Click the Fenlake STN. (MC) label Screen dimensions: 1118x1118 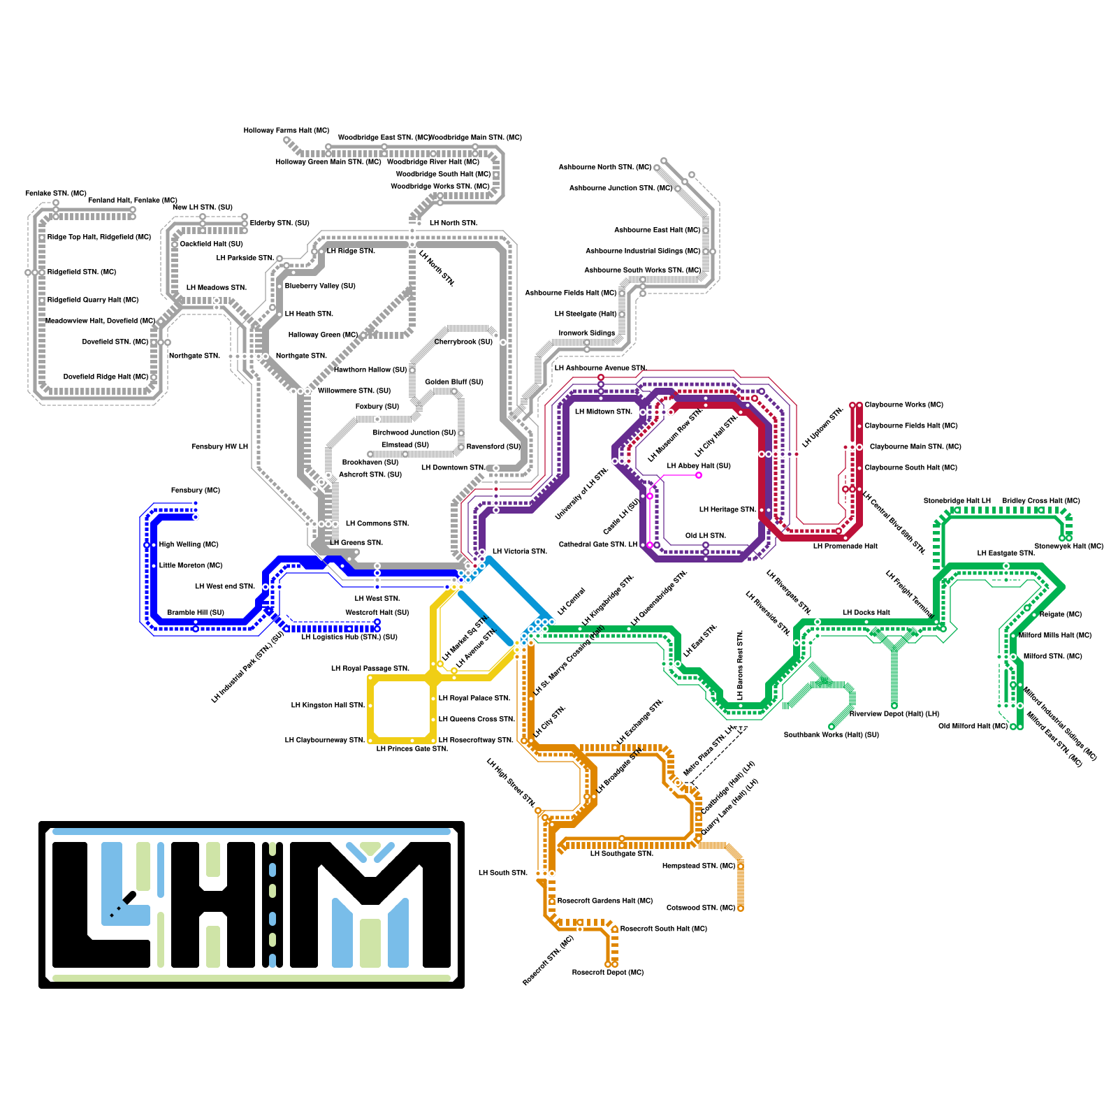coord(56,193)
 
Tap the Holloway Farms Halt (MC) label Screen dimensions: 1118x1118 coord(286,131)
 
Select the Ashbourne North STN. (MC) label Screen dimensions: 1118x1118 coord(604,167)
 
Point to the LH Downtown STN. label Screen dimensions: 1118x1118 coord(453,467)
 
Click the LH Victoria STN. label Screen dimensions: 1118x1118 coord(519,551)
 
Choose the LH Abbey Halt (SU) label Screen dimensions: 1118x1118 coord(698,465)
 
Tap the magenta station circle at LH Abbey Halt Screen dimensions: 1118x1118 coord(698,476)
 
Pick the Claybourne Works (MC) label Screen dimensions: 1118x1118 coord(903,405)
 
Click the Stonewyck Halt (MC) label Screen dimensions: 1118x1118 coord(1068,546)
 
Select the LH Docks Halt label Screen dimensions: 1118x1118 coord(866,612)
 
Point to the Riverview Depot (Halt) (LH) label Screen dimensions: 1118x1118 coord(894,713)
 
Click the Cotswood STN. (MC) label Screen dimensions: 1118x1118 coord(701,908)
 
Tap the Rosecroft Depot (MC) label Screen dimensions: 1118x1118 coord(607,972)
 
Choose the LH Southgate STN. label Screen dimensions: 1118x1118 coord(621,853)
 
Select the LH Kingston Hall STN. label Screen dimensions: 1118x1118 coord(328,705)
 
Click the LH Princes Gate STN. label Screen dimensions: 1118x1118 coord(412,748)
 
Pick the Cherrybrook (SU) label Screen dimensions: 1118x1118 coord(463,342)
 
